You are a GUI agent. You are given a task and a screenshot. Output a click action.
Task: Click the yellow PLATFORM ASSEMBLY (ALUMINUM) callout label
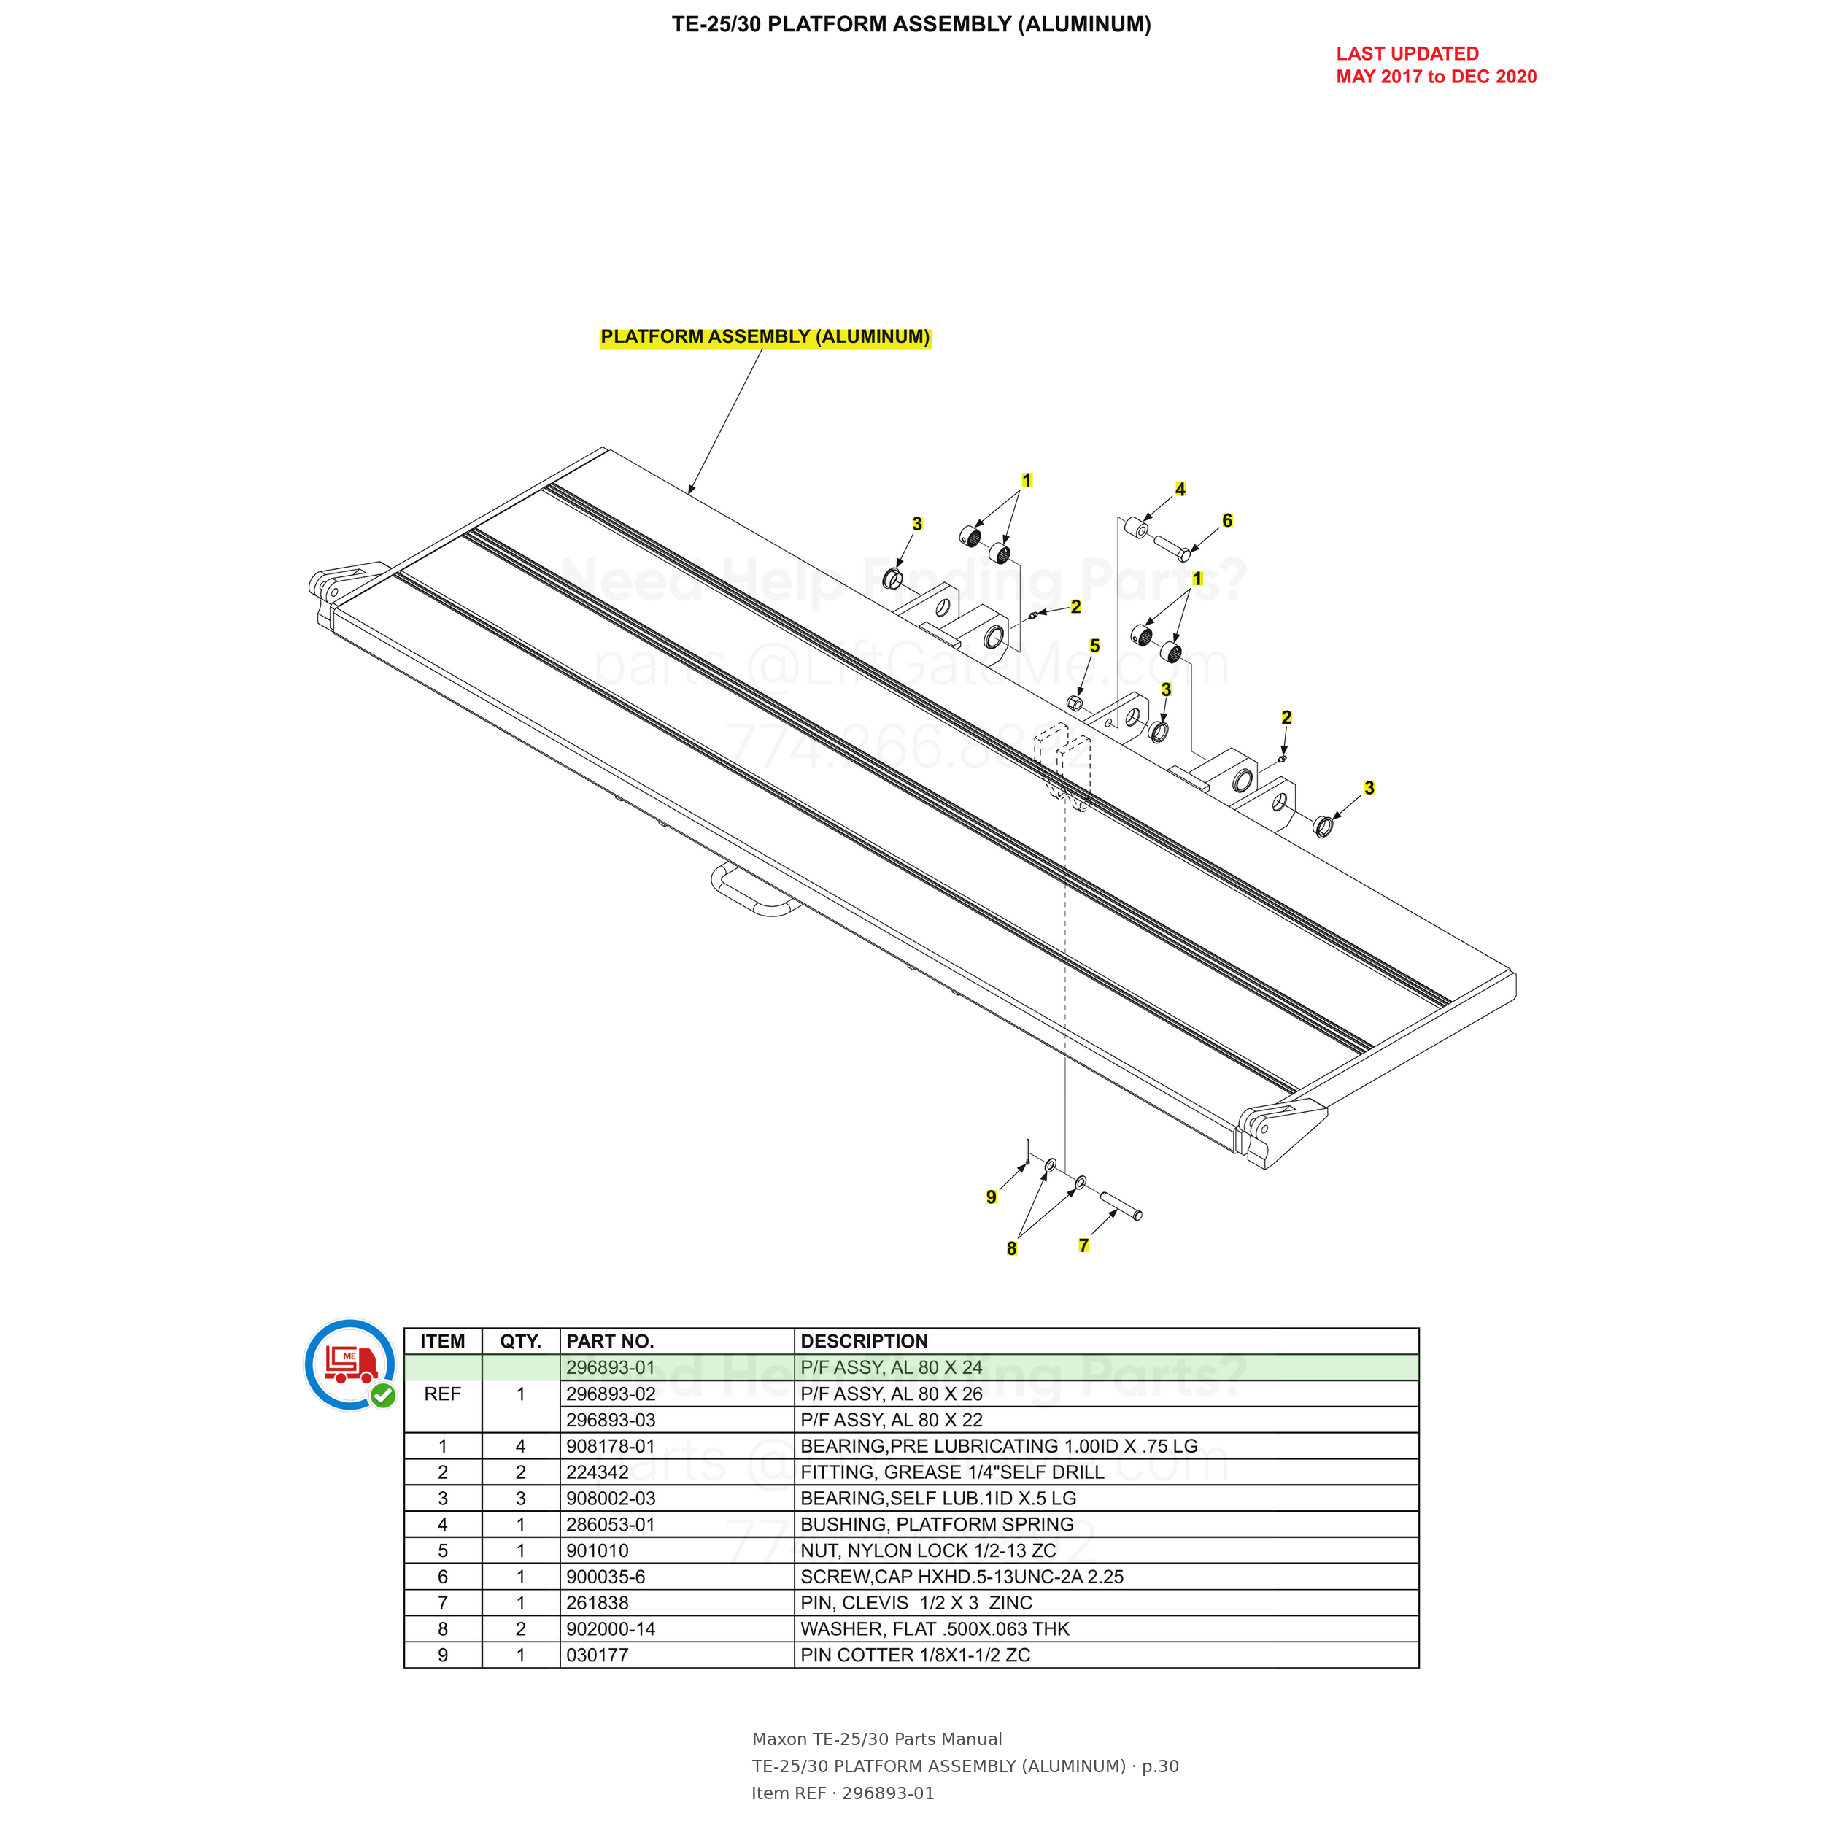[765, 337]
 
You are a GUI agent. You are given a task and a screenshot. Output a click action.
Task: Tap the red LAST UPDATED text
[1407, 54]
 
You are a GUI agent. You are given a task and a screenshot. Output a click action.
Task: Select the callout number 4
[1180, 489]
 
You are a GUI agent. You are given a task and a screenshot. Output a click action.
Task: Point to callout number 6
[1227, 520]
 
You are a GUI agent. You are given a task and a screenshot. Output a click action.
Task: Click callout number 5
[1094, 646]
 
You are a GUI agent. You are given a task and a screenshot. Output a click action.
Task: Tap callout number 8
[1011, 1248]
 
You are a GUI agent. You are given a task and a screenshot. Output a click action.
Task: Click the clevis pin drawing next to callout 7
[1121, 1205]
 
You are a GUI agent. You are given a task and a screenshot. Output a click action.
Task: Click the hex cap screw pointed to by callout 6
[1172, 546]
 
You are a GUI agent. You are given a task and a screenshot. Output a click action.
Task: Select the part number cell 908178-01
[611, 1445]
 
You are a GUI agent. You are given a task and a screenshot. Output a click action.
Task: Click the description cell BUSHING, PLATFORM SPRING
[937, 1524]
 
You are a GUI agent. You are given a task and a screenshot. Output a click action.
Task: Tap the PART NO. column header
[610, 1340]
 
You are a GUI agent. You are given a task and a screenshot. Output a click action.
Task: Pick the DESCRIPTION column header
[864, 1340]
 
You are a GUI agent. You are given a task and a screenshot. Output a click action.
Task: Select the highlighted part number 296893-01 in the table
[611, 1367]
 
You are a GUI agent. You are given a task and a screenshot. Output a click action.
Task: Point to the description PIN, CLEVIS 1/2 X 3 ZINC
[916, 1602]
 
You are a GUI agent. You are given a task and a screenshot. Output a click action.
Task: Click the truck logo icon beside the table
[350, 1364]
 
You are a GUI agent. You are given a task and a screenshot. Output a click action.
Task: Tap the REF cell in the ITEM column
[443, 1394]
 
